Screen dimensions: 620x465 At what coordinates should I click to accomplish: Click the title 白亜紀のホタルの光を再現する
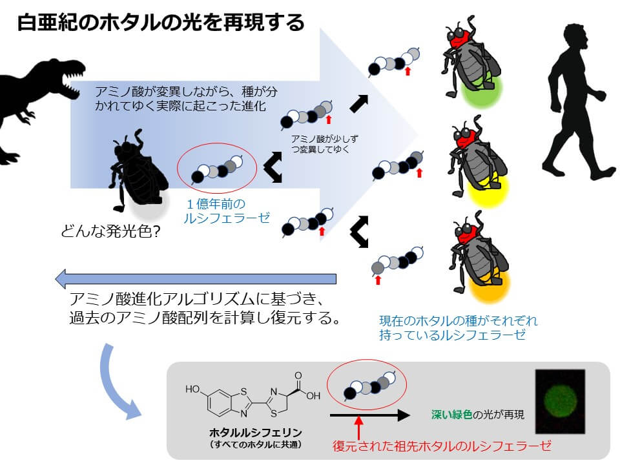pyautogui.click(x=161, y=22)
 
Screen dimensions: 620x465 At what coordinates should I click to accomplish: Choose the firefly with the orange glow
pyautogui.click(x=479, y=257)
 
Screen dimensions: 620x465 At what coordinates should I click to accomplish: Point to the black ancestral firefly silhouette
pyautogui.click(x=136, y=170)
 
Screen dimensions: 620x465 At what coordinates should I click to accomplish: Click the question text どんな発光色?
pyautogui.click(x=110, y=231)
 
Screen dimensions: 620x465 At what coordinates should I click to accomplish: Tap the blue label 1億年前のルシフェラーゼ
pyautogui.click(x=226, y=211)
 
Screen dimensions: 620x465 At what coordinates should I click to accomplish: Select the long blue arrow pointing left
pyautogui.click(x=196, y=279)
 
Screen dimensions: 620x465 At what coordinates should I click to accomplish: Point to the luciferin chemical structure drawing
pyautogui.click(x=253, y=395)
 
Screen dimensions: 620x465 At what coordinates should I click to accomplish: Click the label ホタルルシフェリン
pyautogui.click(x=256, y=432)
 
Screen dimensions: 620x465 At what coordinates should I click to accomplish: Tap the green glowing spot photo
pyautogui.click(x=560, y=401)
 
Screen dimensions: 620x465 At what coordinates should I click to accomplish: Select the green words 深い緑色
pyautogui.click(x=451, y=415)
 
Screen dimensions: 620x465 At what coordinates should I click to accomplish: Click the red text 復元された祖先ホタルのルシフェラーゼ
pyautogui.click(x=442, y=446)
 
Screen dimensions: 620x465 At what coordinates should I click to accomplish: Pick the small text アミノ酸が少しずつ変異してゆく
pyautogui.click(x=324, y=144)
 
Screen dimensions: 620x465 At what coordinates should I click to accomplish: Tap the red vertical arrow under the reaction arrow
pyautogui.click(x=358, y=428)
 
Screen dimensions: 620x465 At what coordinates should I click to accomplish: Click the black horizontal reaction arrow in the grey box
pyautogui.click(x=369, y=415)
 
